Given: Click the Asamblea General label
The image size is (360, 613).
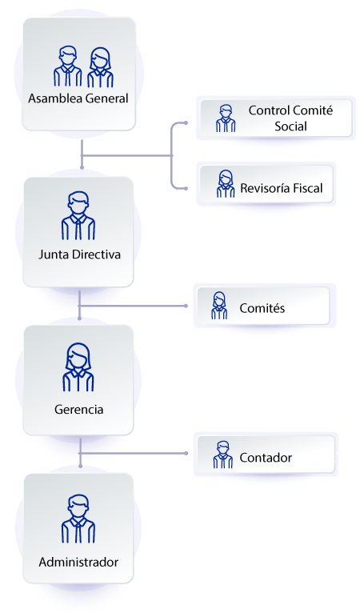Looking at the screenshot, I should (78, 99).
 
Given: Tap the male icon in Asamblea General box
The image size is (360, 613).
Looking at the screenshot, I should (68, 66).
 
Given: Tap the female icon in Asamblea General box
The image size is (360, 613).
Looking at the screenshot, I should (100, 67).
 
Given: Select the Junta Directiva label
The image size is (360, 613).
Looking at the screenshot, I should (79, 255).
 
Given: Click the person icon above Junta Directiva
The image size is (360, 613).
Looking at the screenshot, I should (78, 216).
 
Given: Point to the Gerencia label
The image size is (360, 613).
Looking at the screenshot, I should (78, 409).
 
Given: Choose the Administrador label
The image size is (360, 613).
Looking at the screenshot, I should (78, 562).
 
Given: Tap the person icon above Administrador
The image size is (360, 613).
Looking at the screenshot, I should (78, 520).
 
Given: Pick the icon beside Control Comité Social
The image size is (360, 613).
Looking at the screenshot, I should (226, 118).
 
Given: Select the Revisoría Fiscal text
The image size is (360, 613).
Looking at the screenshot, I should (282, 189).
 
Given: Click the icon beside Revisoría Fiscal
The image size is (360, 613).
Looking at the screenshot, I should (226, 184).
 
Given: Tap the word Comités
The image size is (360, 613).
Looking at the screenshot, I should (262, 307).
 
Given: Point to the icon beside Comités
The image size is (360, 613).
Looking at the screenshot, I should (219, 305).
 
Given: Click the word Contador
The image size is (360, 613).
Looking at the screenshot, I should (266, 458).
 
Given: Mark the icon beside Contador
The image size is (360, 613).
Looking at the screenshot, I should (222, 455).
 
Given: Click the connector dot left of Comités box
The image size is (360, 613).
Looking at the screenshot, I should (186, 306).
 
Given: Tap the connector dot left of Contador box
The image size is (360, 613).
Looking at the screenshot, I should (186, 454).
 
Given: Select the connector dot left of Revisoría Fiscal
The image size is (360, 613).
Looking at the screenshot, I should (186, 189).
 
